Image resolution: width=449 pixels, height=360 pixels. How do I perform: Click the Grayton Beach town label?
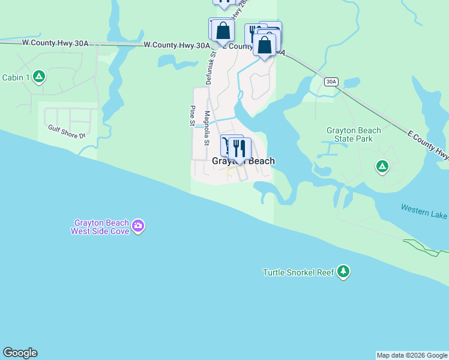[x=243, y=161]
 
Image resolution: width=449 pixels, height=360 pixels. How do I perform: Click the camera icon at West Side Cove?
[x=139, y=226]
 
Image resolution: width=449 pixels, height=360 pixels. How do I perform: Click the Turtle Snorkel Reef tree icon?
[x=343, y=272]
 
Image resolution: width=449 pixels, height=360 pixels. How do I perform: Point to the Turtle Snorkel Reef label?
[x=298, y=272]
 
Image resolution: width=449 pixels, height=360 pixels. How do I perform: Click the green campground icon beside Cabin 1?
[x=39, y=76]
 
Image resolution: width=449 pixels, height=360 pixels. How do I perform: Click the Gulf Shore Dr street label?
[x=67, y=131]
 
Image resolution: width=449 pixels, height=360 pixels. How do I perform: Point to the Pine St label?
[x=192, y=116]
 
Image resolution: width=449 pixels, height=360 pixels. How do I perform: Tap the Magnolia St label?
[x=208, y=125]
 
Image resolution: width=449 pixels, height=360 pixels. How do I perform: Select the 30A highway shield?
[x=331, y=82]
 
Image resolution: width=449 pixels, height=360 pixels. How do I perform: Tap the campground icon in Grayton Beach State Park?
[x=382, y=166]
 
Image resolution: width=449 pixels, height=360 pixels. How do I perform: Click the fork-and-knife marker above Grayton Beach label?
[x=240, y=148]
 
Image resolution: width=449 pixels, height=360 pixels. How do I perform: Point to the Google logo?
[x=20, y=353]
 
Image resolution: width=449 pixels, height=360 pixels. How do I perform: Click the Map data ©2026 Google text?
[x=412, y=355]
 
